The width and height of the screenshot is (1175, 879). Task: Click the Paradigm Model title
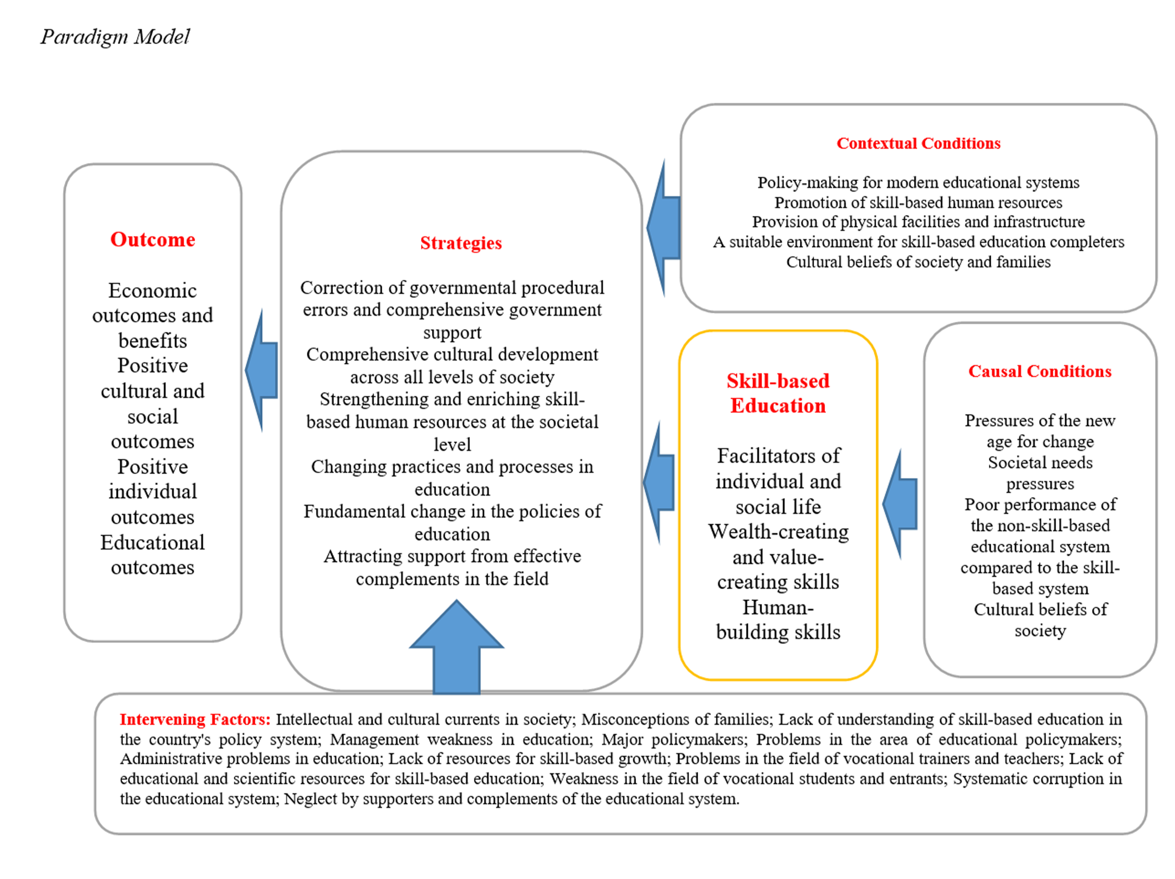coord(115,36)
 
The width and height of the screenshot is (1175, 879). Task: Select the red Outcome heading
coord(152,240)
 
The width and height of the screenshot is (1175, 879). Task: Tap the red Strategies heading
coord(460,243)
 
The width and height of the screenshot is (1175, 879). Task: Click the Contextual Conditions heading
coord(918,144)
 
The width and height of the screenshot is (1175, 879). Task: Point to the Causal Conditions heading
coord(1040,371)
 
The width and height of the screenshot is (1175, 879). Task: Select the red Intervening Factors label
coord(195,719)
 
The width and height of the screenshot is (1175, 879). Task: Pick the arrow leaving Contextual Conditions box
coord(664,228)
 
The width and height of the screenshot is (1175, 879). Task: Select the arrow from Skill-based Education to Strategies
coord(660,482)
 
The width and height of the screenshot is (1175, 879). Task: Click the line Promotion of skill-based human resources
coord(918,202)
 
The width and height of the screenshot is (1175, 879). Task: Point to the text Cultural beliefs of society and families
coord(918,262)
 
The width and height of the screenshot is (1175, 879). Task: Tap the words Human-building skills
coord(778,620)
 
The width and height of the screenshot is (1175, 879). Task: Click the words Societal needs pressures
coord(1040,473)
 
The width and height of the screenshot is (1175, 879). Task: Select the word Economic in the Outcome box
coord(152,290)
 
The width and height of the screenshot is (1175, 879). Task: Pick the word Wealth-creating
coord(778,532)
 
